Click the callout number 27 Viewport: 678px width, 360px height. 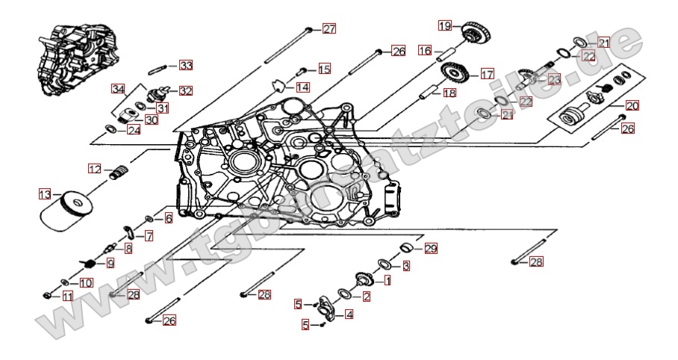[329, 29]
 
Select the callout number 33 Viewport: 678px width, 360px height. [186, 66]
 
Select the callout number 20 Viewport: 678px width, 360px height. [632, 105]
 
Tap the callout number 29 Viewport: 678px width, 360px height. [431, 249]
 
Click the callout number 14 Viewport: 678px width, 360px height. [302, 87]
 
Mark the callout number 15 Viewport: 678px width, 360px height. [324, 69]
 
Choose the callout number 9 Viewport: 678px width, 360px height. [110, 263]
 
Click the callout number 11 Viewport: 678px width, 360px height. [67, 297]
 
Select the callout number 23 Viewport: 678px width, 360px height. [553, 79]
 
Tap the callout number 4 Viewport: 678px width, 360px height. [349, 314]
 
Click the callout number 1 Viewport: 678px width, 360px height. [387, 281]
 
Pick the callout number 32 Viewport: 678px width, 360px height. [185, 91]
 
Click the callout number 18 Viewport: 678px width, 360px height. [449, 93]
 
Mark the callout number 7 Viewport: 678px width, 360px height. [149, 236]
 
